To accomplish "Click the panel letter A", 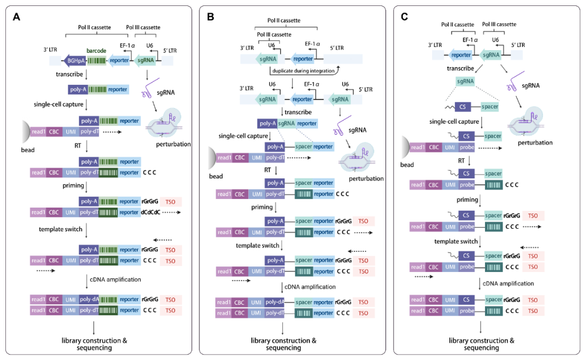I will point(17,17).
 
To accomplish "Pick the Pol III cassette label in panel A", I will point(143,27).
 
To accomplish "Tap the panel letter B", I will point(211,17).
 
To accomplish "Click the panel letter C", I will point(404,17).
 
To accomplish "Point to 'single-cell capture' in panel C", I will point(454,122).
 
